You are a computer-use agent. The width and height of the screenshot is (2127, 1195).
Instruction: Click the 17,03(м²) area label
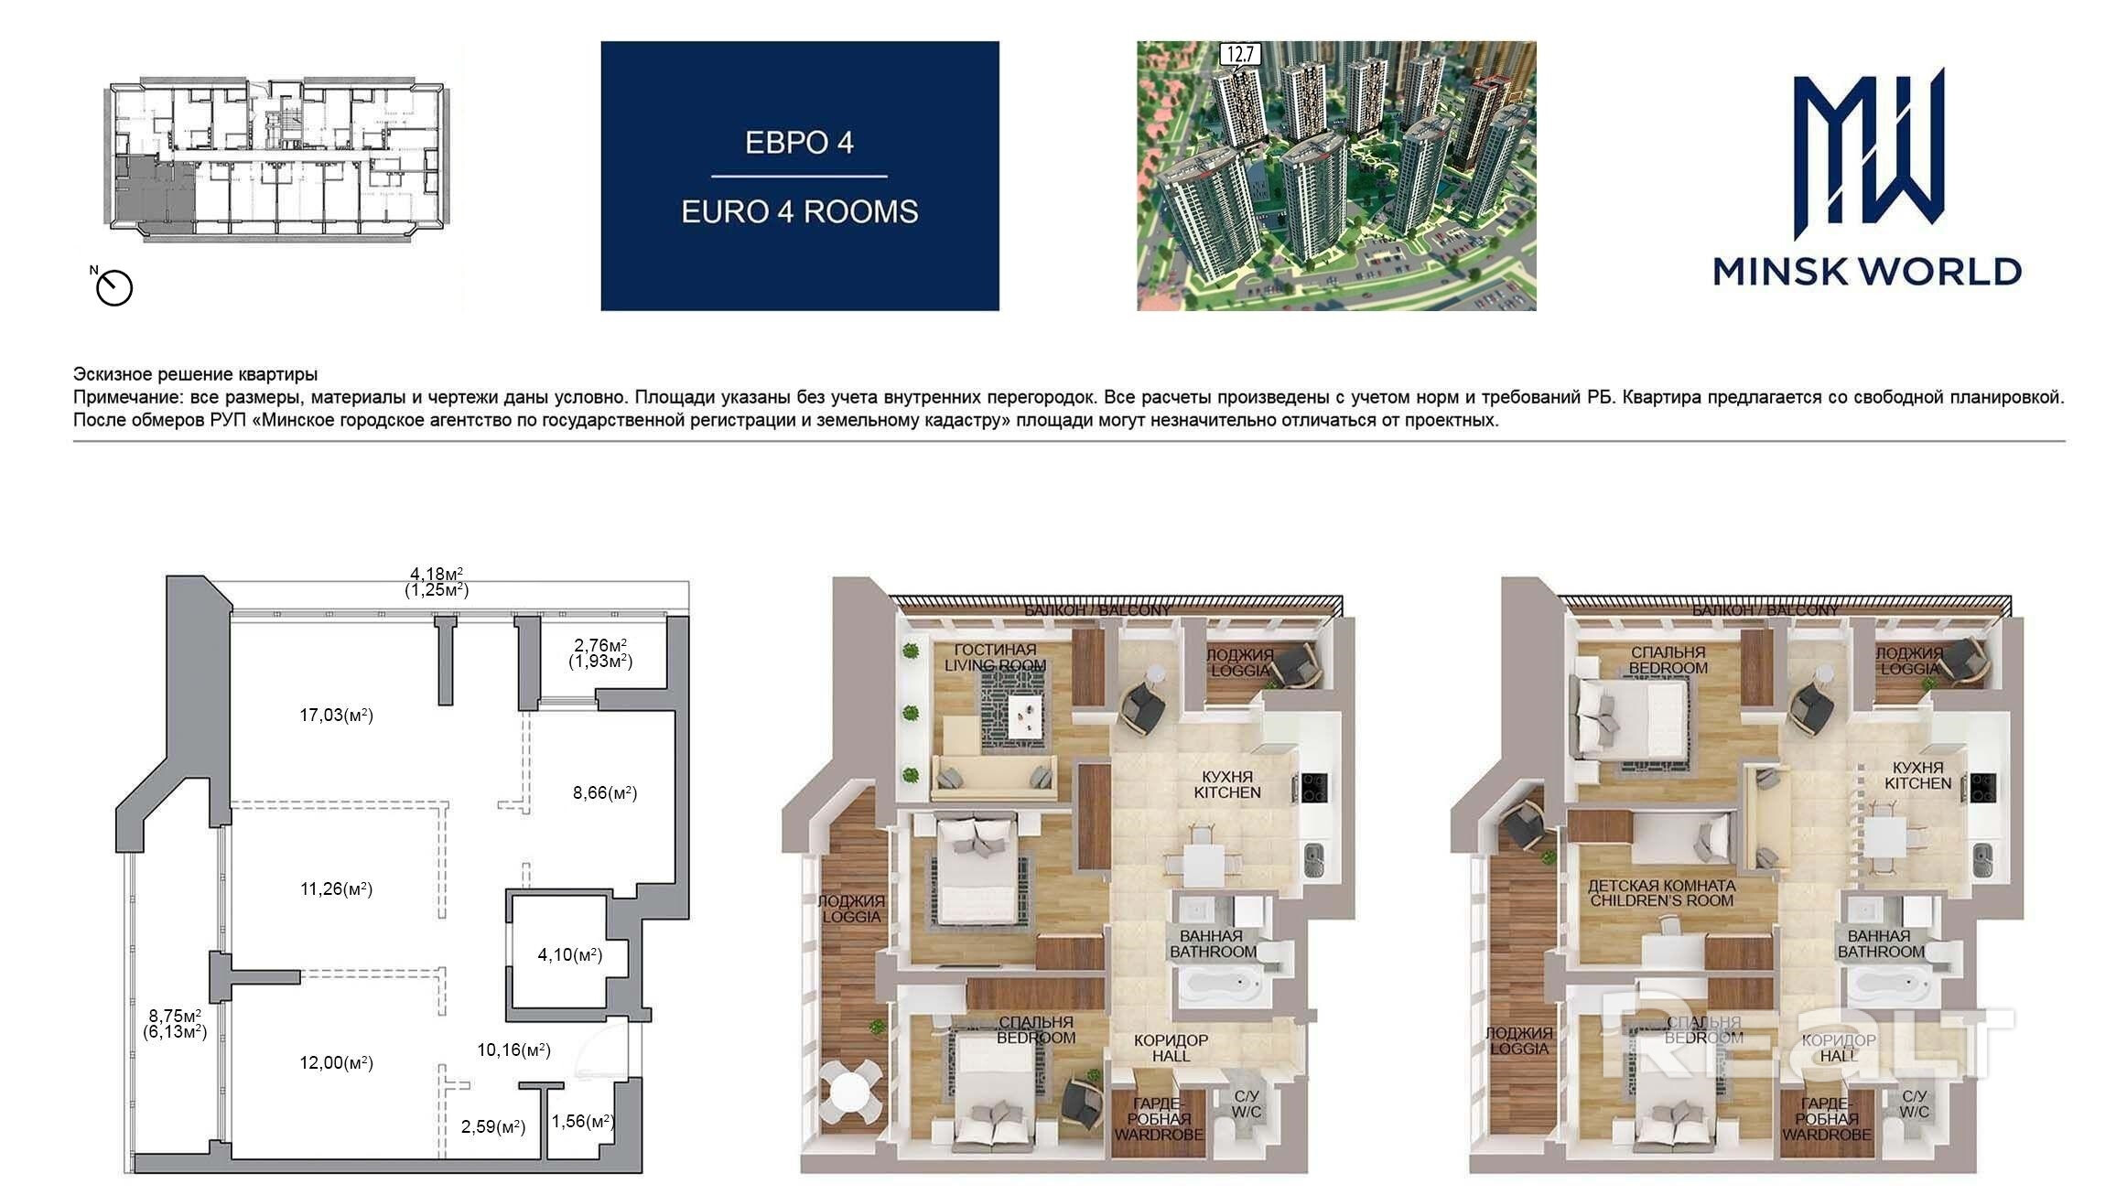337,716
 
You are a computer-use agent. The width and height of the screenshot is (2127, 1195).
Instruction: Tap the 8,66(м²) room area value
605,793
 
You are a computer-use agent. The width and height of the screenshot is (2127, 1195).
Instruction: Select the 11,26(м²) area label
337,888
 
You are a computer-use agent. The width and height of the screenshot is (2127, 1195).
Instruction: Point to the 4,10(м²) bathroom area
569,955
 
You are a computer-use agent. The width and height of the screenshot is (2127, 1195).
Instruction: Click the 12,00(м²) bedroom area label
337,1062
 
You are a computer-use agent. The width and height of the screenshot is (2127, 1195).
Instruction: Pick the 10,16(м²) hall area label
513,1050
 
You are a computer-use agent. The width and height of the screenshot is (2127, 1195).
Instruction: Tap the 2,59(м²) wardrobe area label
493,1127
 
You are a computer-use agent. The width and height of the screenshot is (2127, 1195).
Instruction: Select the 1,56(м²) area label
583,1121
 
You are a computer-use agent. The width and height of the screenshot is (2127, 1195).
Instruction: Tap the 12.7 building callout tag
1239,55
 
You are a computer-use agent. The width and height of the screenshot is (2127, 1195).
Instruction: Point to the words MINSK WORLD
1867,271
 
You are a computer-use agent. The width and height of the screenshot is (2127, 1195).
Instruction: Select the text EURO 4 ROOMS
799,212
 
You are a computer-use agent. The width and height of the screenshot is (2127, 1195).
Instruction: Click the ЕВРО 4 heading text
799,143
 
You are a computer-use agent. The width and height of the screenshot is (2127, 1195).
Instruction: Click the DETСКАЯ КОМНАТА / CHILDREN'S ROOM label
1661,893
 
